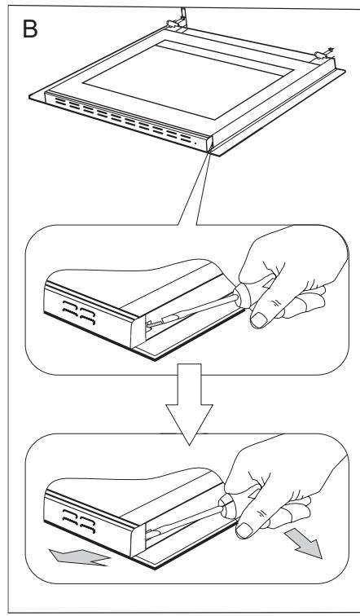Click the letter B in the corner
(30, 29)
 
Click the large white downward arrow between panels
(189, 404)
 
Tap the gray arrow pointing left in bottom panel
(79, 557)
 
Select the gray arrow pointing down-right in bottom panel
(304, 543)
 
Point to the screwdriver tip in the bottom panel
(148, 532)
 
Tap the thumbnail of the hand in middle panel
(257, 319)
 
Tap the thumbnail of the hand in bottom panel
(244, 530)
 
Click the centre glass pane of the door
(187, 78)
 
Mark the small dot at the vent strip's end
(196, 143)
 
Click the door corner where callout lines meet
(210, 149)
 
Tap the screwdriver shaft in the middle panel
(191, 310)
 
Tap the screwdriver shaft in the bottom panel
(185, 519)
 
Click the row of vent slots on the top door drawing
(122, 120)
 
